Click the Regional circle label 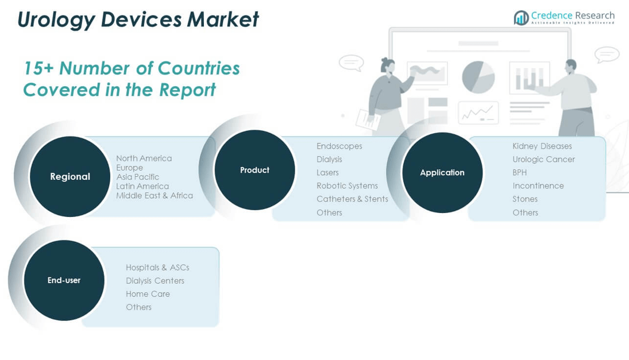click(70, 176)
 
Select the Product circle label click(254, 170)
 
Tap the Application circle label click(442, 172)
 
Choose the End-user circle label click(64, 280)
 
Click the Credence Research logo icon click(521, 17)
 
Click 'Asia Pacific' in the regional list click(138, 177)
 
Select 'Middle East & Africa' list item click(155, 196)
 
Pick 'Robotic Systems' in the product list click(347, 185)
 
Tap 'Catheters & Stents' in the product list click(352, 199)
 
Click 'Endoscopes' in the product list click(339, 146)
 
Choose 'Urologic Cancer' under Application click(543, 159)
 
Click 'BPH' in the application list click(519, 172)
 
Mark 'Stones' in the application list click(524, 199)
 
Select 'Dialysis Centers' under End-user click(155, 281)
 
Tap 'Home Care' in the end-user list click(148, 294)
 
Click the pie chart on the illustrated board click(478, 77)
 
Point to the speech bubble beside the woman click(352, 63)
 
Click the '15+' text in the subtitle click(38, 68)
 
